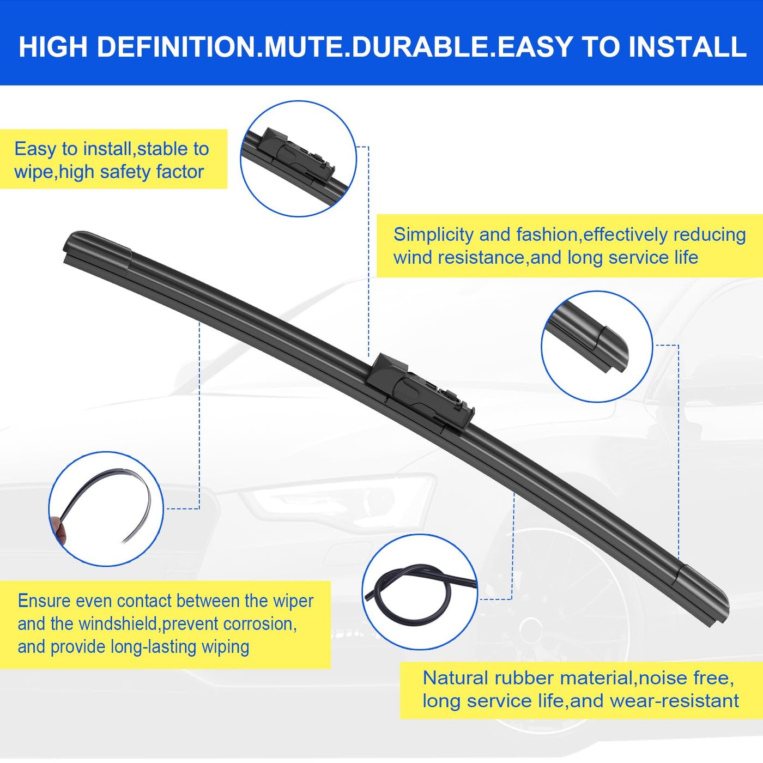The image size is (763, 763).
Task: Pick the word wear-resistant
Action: tap(674, 701)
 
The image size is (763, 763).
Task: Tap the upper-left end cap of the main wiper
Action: tap(97, 250)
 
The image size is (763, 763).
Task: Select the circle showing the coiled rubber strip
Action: tap(419, 592)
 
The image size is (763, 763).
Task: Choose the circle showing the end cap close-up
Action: tap(597, 347)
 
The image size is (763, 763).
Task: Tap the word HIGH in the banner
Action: tap(53, 47)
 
